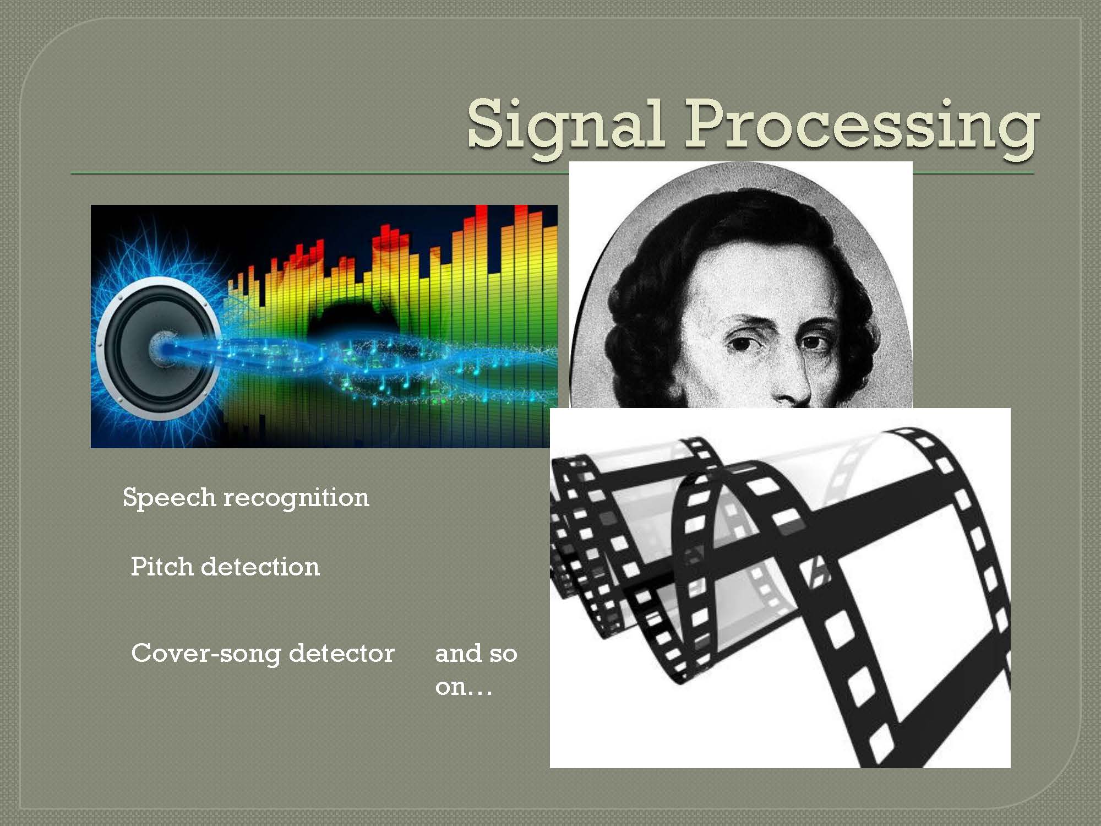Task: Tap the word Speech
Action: coord(169,498)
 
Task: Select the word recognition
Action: coord(296,498)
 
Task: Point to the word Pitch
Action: coord(162,566)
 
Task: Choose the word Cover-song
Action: coord(206,654)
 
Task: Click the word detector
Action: coord(342,653)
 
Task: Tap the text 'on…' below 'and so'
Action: coord(464,687)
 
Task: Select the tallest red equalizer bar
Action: coord(521,215)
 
